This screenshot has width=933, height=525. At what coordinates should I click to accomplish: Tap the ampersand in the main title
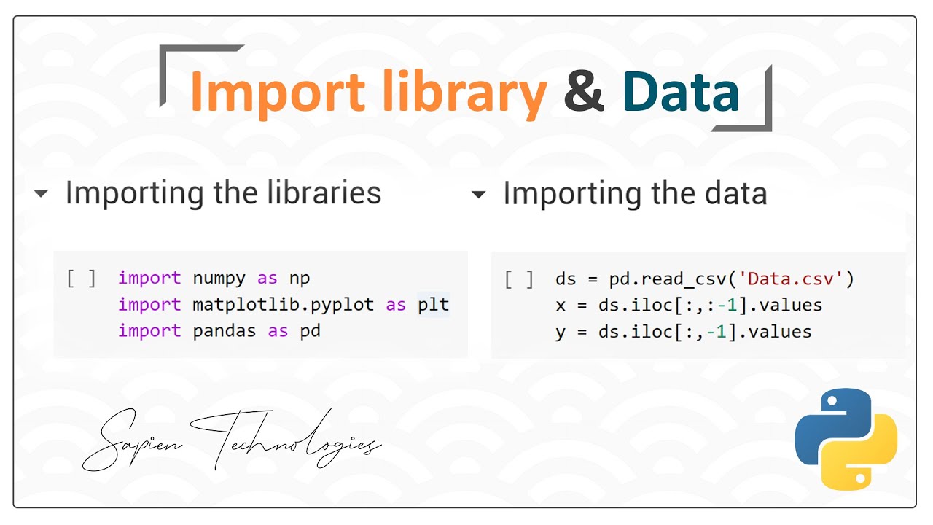(x=583, y=93)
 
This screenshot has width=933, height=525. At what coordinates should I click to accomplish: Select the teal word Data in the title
(x=681, y=93)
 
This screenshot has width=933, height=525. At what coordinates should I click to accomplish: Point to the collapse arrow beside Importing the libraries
(x=41, y=194)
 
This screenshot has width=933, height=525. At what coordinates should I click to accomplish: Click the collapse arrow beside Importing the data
(x=478, y=195)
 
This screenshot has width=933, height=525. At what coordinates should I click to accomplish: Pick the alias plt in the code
(x=433, y=305)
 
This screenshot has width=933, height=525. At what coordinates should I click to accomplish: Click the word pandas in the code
(x=225, y=331)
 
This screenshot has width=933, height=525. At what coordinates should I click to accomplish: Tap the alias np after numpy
(x=300, y=279)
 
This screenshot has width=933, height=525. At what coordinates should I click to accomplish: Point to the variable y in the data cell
(x=560, y=332)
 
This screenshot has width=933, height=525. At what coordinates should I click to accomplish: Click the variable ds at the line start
(x=566, y=279)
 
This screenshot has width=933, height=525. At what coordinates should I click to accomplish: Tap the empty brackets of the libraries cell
(x=81, y=279)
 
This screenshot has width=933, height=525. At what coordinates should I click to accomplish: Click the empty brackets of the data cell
(x=519, y=279)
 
